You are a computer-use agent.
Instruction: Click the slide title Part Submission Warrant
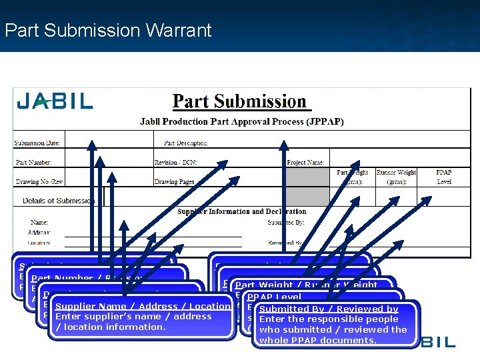pyautogui.click(x=107, y=30)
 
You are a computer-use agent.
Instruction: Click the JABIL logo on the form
pyautogui.click(x=55, y=102)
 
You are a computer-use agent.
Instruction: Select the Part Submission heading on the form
pyautogui.click(x=239, y=102)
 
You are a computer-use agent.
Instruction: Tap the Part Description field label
pyautogui.click(x=186, y=143)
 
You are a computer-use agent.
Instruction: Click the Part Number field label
pyautogui.click(x=33, y=162)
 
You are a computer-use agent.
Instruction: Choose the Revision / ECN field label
pyautogui.click(x=175, y=162)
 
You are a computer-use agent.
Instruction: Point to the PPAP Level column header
pyautogui.click(x=443, y=177)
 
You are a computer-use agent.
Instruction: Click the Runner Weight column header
pyautogui.click(x=396, y=177)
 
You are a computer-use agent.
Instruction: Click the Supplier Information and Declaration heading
pyautogui.click(x=242, y=212)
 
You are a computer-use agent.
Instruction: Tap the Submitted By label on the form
pyautogui.click(x=286, y=222)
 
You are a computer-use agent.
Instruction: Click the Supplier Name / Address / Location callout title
pyautogui.click(x=143, y=307)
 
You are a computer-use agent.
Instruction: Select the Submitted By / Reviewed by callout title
pyautogui.click(x=329, y=309)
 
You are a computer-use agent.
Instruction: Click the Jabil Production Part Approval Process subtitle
pyautogui.click(x=239, y=122)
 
